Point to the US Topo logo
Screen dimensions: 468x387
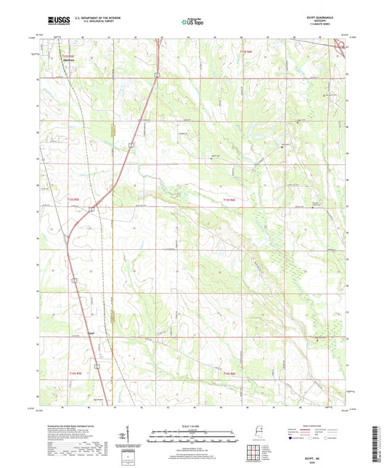click(193, 23)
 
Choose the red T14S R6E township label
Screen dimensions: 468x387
click(229, 374)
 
